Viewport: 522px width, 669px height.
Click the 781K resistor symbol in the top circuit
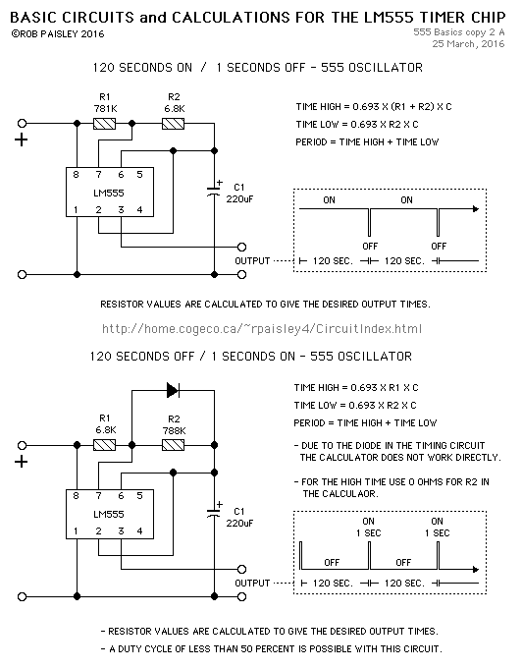click(104, 124)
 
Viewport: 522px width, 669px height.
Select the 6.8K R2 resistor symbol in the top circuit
click(174, 124)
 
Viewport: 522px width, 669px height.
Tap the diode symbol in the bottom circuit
click(173, 390)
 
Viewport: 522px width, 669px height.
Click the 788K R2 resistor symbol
click(174, 445)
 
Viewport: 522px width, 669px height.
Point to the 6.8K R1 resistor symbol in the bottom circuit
click(104, 445)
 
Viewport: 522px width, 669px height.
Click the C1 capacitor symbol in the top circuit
click(214, 192)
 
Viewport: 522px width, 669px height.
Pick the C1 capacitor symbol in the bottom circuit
click(214, 513)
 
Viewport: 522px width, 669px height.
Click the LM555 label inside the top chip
click(109, 193)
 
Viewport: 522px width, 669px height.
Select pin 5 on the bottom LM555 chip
click(139, 496)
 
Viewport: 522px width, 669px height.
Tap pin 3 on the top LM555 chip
click(121, 210)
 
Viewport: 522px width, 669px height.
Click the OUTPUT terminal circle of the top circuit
click(241, 247)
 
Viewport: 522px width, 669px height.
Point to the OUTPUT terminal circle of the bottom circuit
click(241, 569)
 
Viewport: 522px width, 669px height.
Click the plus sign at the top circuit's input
click(22, 139)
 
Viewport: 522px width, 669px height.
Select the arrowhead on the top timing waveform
click(476, 209)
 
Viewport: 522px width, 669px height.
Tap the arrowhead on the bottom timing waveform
click(476, 569)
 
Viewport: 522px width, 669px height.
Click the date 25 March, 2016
click(468, 43)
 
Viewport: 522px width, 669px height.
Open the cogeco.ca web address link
click(262, 328)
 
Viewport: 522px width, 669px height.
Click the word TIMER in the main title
click(442, 18)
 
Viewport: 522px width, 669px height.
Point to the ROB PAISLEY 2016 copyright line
click(58, 34)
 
